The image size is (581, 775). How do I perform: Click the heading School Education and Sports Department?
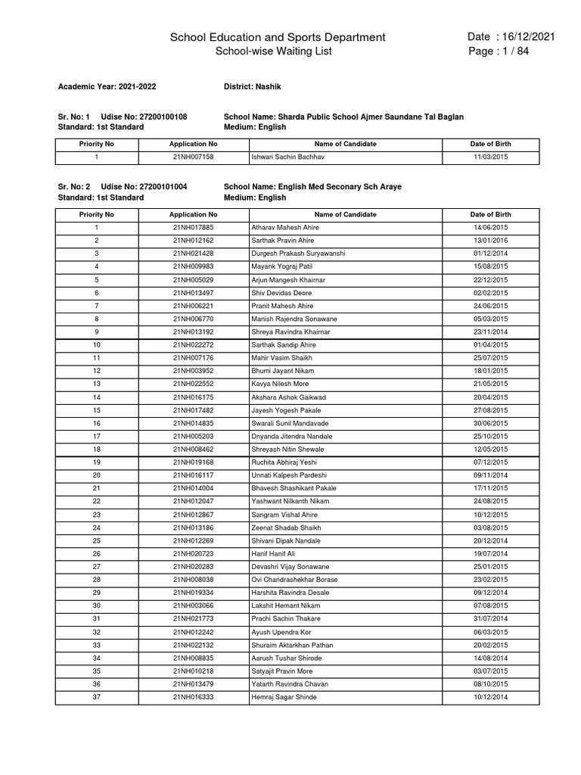pyautogui.click(x=278, y=37)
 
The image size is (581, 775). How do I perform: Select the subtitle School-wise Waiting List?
pyautogui.click(x=263, y=51)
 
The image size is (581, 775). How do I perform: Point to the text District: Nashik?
pyautogui.click(x=253, y=87)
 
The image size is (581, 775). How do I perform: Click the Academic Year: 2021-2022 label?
pyautogui.click(x=107, y=87)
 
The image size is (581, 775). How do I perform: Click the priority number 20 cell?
pyautogui.click(x=96, y=475)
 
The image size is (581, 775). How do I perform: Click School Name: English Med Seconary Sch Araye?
pyautogui.click(x=312, y=186)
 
